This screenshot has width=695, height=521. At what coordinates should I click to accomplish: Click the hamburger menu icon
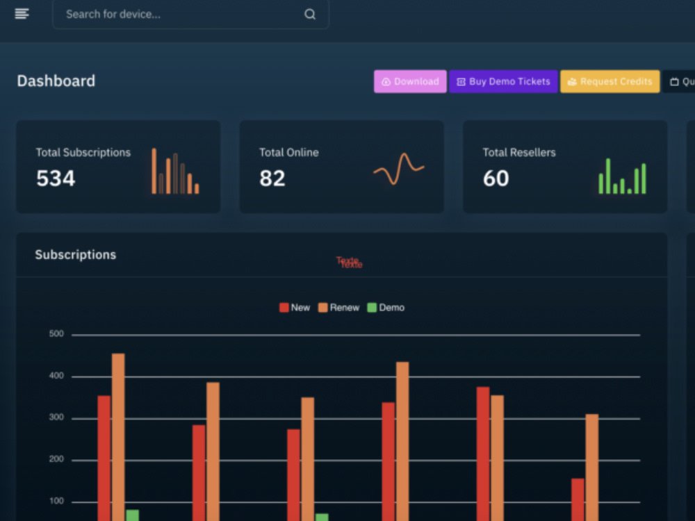point(22,14)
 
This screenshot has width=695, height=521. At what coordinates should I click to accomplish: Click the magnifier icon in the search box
point(310,14)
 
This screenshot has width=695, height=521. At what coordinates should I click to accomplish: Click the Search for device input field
point(174,14)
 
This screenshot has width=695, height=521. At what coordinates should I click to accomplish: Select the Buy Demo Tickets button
point(503,81)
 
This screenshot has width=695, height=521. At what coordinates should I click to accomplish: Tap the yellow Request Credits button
point(610,81)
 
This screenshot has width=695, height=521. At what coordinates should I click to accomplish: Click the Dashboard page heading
point(56,81)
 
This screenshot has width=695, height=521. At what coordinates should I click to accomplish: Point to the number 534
point(56,179)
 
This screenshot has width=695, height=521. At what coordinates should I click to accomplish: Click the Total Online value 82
point(272,179)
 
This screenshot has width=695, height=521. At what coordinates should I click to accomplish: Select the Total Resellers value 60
point(496,179)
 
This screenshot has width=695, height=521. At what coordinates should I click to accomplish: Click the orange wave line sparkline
point(398,169)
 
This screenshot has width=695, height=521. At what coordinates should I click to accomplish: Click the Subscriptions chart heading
point(75,255)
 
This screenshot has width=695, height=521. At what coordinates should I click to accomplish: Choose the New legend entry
point(295,307)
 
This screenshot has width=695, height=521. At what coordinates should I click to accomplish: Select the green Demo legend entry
point(386,307)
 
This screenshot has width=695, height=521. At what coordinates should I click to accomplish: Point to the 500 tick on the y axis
point(56,334)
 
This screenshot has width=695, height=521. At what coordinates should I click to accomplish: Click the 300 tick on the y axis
point(56,418)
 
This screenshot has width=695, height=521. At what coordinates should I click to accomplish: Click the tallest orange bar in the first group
point(118,431)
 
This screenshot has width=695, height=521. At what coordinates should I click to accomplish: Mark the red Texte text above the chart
point(349,262)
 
